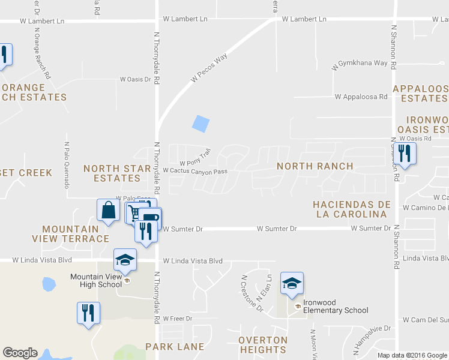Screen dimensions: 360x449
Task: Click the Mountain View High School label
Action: [96, 280]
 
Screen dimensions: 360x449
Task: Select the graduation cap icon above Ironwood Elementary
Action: [292, 283]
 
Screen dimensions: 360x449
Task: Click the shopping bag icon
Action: [108, 211]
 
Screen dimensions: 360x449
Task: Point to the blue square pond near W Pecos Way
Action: [200, 123]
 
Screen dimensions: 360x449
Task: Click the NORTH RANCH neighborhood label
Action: [315, 166]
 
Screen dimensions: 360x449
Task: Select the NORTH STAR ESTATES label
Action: [117, 173]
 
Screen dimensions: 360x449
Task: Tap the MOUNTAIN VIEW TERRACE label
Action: [76, 234]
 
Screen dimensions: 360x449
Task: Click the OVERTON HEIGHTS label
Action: [262, 344]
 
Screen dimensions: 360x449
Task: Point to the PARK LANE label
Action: [175, 347]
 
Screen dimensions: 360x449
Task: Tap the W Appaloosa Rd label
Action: [361, 96]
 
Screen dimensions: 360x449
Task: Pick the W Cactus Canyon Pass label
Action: [194, 171]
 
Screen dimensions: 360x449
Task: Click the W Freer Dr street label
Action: [177, 318]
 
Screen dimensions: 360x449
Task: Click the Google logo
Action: [20, 353]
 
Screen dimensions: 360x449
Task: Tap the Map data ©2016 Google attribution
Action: [412, 355]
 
